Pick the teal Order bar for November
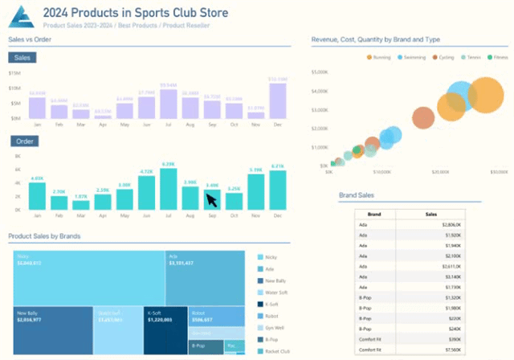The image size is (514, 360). (x=255, y=193)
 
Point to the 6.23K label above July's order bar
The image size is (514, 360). (x=168, y=164)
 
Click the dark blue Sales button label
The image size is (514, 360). (x=22, y=58)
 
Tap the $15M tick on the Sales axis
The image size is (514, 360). (x=14, y=73)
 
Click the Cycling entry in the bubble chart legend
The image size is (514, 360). (x=443, y=58)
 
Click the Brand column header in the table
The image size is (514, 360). (x=374, y=215)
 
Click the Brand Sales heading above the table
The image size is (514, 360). (x=356, y=195)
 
